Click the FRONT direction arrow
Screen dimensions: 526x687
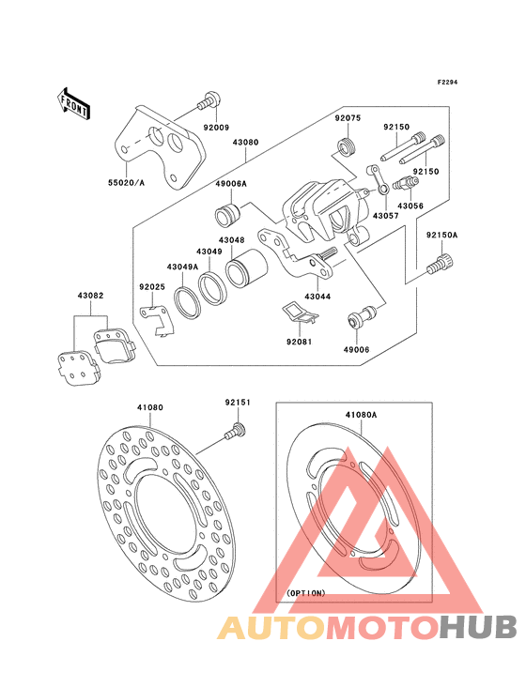[73, 104]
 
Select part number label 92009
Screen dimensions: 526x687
[216, 128]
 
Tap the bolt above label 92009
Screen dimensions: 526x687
[209, 101]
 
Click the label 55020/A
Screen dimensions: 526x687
[126, 183]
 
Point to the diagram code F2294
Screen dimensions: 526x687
[447, 82]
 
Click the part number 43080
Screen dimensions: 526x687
[245, 143]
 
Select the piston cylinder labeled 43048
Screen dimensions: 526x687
[246, 268]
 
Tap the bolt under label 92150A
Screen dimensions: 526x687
[441, 264]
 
